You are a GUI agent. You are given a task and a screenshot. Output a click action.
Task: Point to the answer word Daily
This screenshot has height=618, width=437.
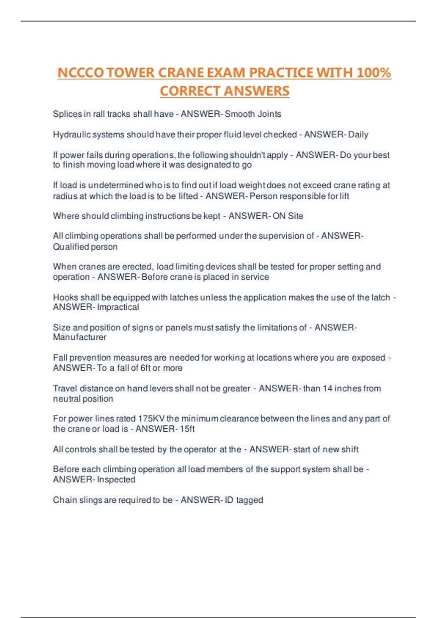click(x=358, y=135)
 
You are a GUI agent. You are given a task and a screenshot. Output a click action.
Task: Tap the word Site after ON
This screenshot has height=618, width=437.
click(x=295, y=216)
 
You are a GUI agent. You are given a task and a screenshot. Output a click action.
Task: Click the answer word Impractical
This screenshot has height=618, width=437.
click(x=118, y=307)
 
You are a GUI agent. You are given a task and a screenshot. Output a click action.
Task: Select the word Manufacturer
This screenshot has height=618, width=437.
click(x=80, y=337)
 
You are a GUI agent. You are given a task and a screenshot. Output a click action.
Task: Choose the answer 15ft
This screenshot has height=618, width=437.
click(x=187, y=429)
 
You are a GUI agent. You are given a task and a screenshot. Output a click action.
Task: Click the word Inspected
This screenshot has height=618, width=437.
click(x=116, y=479)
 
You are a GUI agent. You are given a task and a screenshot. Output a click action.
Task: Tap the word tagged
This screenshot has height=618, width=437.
click(x=249, y=500)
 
